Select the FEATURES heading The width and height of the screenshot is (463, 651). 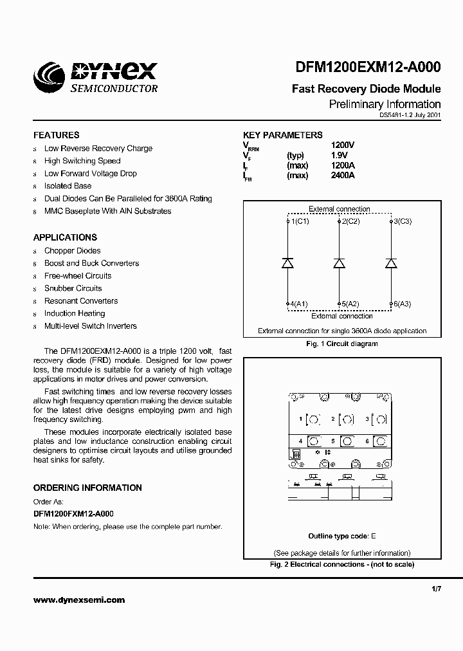pos(57,135)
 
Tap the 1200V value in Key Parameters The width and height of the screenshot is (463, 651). pos(342,145)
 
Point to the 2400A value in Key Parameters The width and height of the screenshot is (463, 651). pos(342,176)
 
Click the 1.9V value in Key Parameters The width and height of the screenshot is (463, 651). pos(339,156)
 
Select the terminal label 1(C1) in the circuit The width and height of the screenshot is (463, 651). pos(298,221)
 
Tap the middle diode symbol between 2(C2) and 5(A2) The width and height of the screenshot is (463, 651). pos(340,262)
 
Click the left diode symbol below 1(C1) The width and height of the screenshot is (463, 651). pos(288,262)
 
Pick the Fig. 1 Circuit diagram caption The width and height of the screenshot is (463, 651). pos(341,344)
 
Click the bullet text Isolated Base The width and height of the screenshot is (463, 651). pos(68,186)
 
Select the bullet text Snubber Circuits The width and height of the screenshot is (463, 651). pos(73,288)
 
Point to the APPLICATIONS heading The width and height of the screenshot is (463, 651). pos(65,237)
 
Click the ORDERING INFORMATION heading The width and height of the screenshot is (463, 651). pos(87,488)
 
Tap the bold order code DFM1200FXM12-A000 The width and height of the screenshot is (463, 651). pos(73,514)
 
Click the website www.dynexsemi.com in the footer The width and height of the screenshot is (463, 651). pos(79,600)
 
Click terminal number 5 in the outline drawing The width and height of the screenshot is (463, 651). pos(333,441)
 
